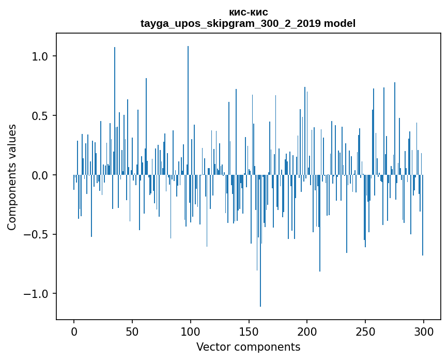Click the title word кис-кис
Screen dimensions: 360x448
248,12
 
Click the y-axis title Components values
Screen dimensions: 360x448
12,177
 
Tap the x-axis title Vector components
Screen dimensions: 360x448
248,347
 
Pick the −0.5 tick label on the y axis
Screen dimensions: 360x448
37,235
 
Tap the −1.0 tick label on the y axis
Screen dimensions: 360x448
37,294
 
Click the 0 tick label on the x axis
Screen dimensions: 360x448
74,332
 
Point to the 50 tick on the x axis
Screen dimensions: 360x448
132,332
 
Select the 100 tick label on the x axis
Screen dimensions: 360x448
191,332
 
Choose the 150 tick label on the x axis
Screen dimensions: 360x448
249,332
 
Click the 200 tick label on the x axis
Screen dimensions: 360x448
307,332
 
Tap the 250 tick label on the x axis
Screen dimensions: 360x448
365,332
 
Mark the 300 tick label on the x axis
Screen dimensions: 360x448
424,332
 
